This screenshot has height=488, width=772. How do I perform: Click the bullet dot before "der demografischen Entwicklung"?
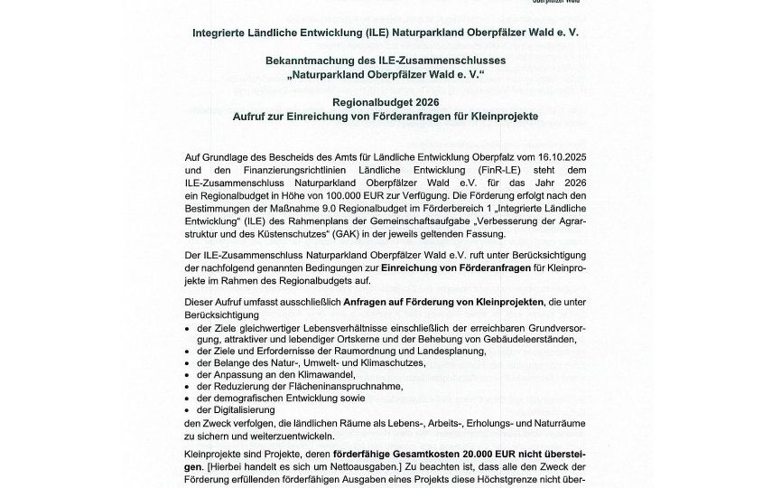[186, 397]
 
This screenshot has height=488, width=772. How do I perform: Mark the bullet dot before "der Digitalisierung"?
[186, 409]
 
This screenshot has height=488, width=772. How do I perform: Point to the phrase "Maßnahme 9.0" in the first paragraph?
[288, 206]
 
